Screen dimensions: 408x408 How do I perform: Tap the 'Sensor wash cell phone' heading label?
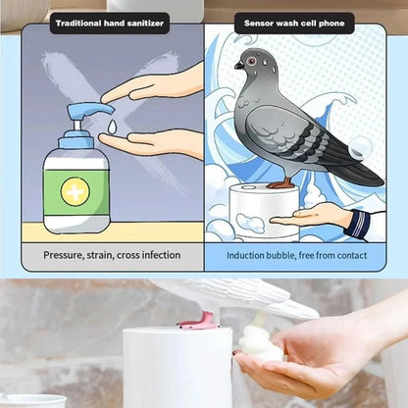coord(294,22)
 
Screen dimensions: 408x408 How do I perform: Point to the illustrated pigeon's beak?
coord(238,66)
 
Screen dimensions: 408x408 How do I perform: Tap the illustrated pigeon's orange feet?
coord(283,182)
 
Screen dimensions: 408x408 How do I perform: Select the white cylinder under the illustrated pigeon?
coord(264,211)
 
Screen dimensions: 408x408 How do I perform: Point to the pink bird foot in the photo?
coord(198,319)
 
